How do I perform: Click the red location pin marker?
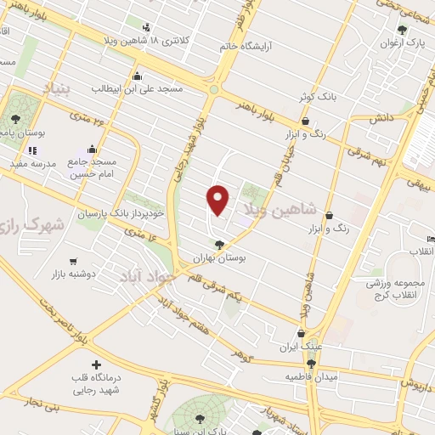point(218,199)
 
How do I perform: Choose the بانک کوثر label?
point(318,97)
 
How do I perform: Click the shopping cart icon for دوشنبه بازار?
point(73,262)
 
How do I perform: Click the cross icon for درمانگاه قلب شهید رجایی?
point(95,364)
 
